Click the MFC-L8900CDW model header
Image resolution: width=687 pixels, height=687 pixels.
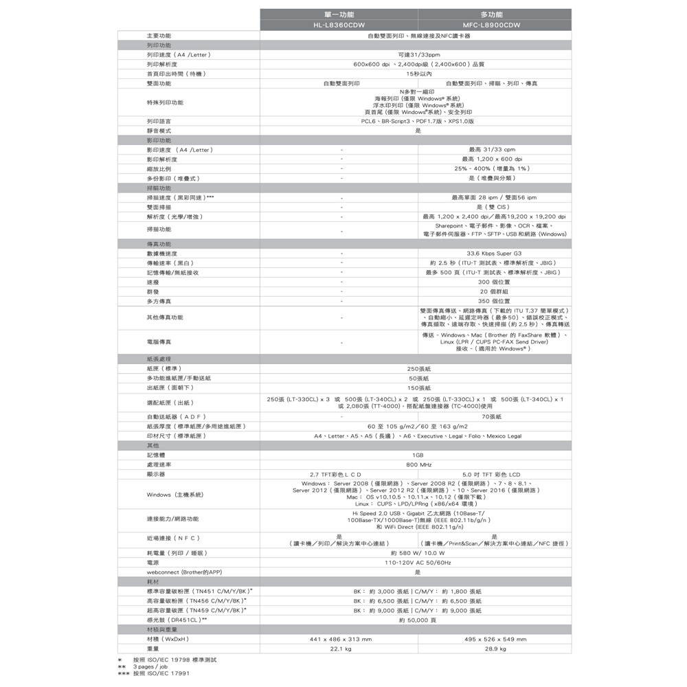click(492, 25)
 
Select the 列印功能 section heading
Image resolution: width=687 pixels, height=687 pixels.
click(159, 45)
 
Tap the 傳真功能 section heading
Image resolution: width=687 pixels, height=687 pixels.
click(159, 244)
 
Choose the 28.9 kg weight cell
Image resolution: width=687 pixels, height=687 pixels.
click(494, 649)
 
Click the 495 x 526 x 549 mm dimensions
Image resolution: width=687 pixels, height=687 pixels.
click(494, 639)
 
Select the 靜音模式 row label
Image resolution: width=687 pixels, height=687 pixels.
click(159, 131)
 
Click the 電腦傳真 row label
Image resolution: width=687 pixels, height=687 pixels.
click(159, 341)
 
